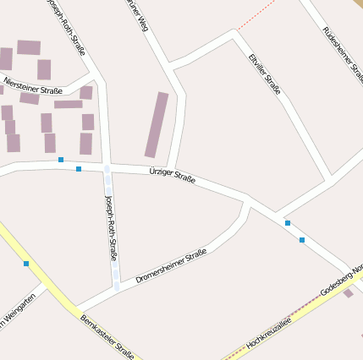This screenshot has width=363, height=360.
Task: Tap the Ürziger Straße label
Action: [172, 175]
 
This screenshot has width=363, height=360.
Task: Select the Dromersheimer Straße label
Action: [171, 265]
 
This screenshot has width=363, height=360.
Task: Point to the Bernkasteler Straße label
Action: [107, 335]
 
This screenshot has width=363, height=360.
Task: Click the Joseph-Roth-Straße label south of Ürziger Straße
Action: [111, 226]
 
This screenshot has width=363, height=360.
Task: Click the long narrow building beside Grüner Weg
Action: [157, 125]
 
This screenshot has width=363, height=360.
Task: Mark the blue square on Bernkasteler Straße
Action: [26, 264]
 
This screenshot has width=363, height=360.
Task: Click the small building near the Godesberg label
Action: [348, 293]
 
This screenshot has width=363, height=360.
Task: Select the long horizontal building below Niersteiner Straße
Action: [69, 105]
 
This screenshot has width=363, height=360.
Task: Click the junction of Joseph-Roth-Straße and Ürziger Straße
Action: [107, 166]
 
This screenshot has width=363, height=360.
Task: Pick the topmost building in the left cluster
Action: [29, 47]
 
